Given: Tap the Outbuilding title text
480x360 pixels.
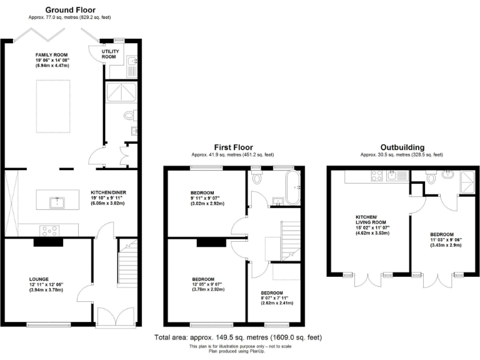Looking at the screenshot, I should (x=401, y=147).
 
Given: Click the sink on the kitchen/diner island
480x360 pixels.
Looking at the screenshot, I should (x=57, y=202).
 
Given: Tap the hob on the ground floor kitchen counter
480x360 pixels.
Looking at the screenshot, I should (x=49, y=230).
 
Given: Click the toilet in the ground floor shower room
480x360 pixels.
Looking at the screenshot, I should (x=129, y=115).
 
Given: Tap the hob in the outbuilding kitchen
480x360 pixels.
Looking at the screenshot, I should (x=377, y=176).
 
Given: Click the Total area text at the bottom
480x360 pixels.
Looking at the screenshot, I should (x=238, y=337).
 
